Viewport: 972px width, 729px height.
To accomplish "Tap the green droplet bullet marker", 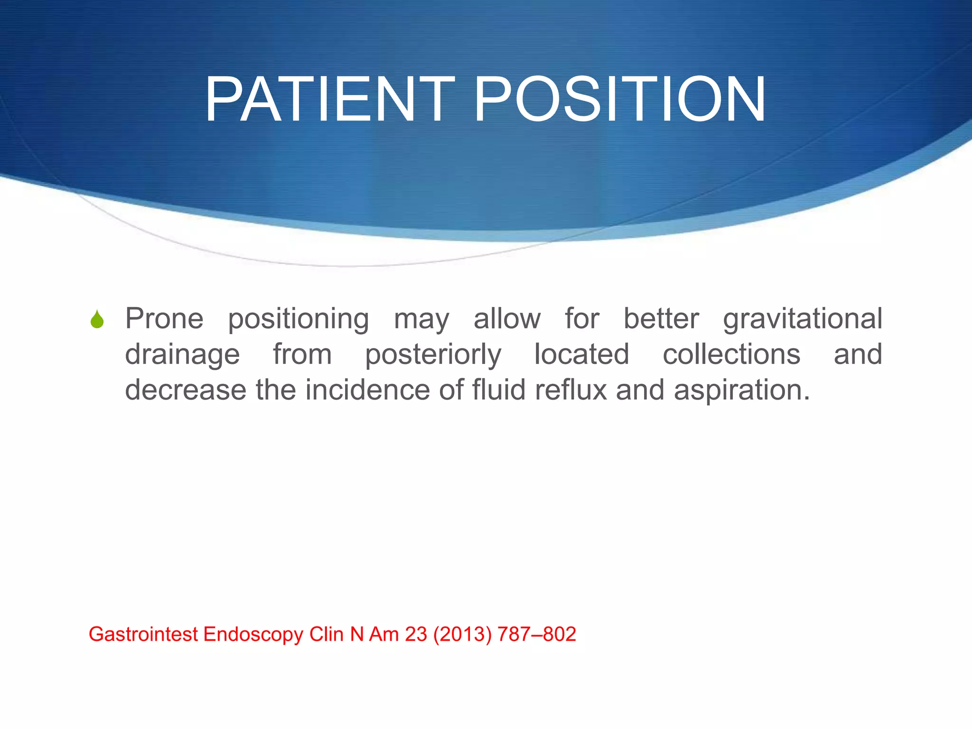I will coord(97,319).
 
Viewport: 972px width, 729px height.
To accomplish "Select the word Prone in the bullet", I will coord(164,318).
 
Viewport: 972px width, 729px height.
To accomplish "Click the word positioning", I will coord(299,319).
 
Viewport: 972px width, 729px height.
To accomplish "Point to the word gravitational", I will coord(803,319).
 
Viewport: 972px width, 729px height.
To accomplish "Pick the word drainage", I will coord(182,355).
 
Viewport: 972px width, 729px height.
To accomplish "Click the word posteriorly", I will coord(433,355).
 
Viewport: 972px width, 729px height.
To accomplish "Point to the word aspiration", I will coord(741,391).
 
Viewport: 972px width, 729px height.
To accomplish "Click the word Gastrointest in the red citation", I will coord(143,635).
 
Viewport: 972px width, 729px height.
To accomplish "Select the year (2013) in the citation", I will coord(463,635).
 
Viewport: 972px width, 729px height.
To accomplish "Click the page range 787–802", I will coord(536,635).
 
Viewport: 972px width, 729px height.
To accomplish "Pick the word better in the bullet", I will coord(661,318).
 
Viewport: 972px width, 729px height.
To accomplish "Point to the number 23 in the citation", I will coord(416,635).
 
